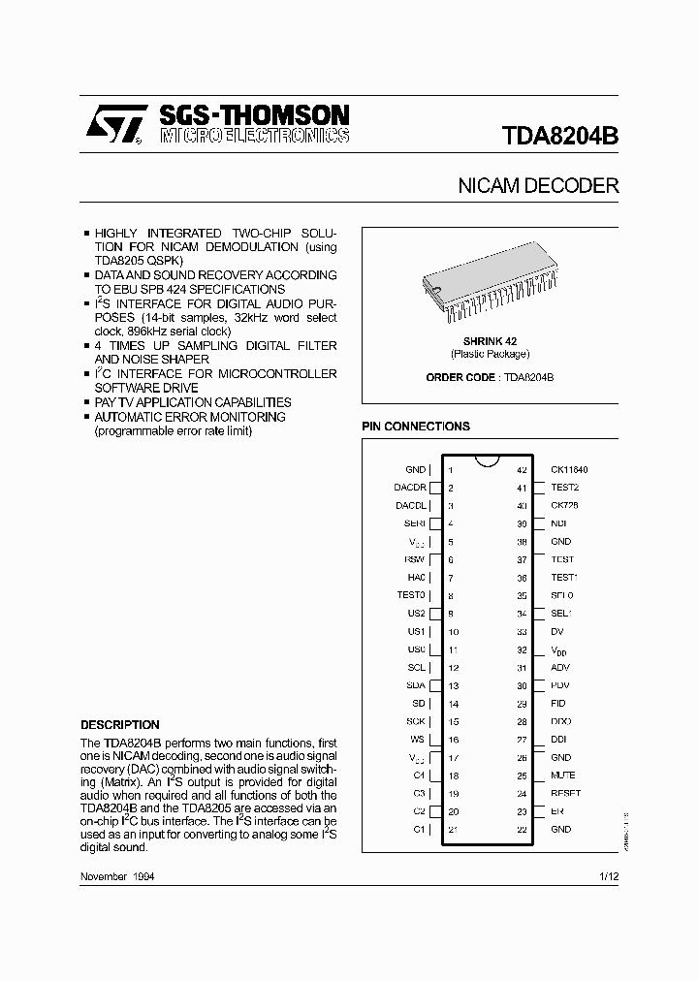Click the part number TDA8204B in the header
click(x=560, y=135)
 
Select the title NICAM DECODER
click(x=538, y=185)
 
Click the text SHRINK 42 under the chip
click(x=490, y=341)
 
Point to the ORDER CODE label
click(x=460, y=377)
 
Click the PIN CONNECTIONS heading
click(x=415, y=426)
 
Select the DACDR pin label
click(x=409, y=488)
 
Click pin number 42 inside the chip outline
click(x=521, y=469)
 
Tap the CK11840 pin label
click(x=569, y=469)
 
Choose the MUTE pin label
click(x=562, y=775)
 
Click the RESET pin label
click(x=565, y=793)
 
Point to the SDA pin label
click(x=415, y=685)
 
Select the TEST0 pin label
click(x=410, y=595)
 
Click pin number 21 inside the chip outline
click(x=453, y=830)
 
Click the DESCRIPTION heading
click(x=119, y=724)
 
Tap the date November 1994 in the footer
click(x=117, y=876)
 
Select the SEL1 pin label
click(x=561, y=614)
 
